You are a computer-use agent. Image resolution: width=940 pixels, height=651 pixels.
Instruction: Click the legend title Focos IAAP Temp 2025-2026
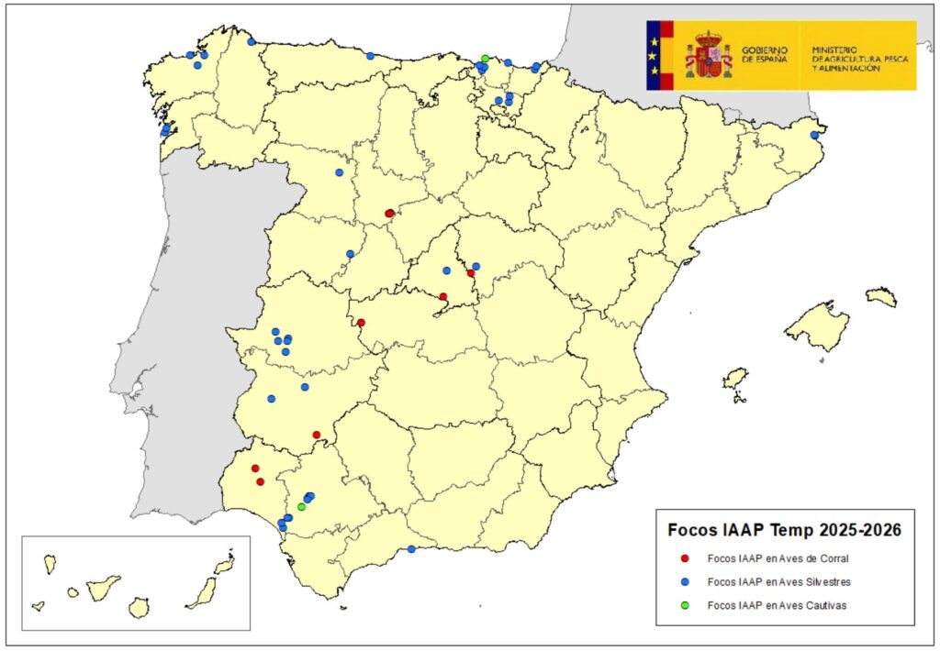[783, 530]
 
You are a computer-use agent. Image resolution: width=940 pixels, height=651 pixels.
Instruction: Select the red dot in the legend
[685, 557]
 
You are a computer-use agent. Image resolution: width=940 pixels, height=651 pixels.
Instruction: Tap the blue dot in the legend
[685, 581]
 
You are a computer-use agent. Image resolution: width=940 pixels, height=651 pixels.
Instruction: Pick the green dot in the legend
[685, 605]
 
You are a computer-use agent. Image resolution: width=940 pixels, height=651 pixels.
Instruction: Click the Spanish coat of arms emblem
[708, 54]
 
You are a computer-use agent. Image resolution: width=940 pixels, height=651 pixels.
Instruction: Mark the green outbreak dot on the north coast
[485, 59]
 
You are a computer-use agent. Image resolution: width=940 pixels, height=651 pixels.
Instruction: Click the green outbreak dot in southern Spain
[301, 507]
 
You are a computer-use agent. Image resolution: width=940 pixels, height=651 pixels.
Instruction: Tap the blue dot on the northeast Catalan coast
[814, 136]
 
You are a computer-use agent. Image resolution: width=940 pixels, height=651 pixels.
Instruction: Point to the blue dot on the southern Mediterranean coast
[411, 549]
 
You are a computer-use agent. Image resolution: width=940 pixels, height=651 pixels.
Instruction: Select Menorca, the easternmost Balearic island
[881, 296]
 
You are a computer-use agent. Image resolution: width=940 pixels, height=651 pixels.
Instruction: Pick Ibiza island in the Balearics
[735, 379]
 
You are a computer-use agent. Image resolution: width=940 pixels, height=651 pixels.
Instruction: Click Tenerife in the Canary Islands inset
[103, 587]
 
